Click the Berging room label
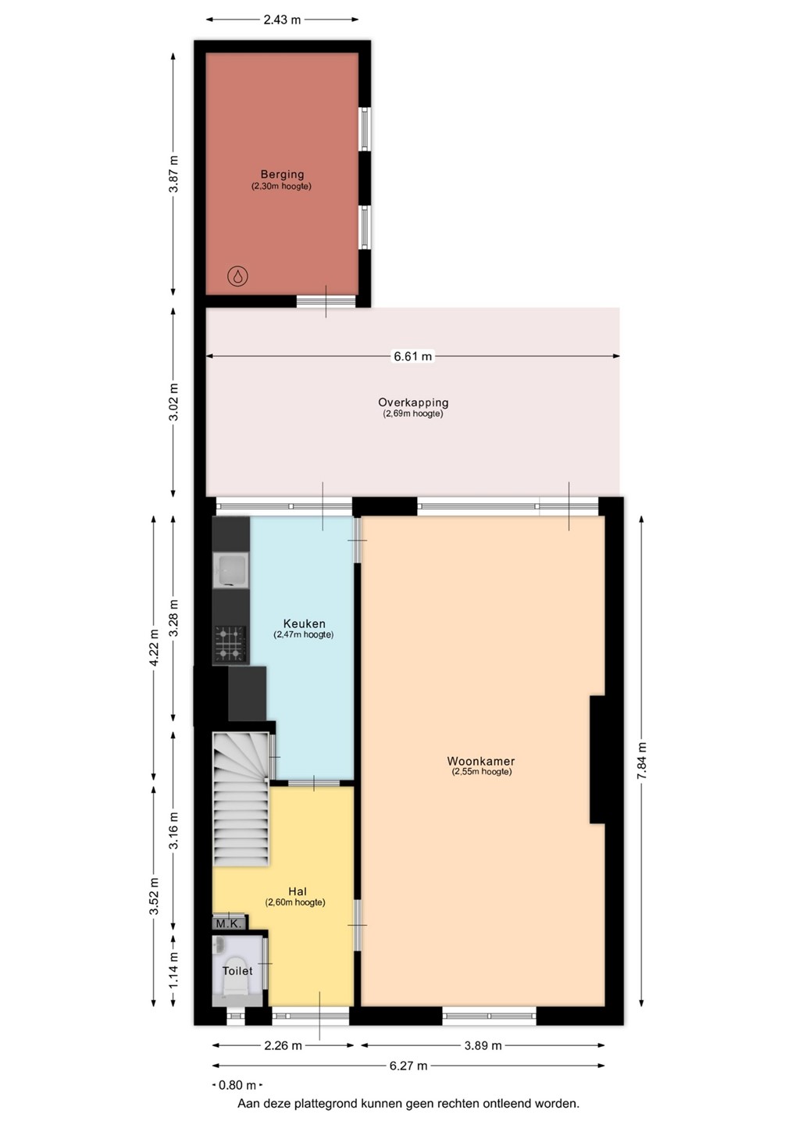(x=282, y=174)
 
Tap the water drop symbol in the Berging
(x=238, y=277)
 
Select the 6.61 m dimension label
(x=412, y=356)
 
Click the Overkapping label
(x=413, y=402)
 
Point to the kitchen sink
(x=231, y=570)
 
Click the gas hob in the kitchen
(x=231, y=644)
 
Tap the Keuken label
(x=304, y=623)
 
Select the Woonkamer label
(x=481, y=761)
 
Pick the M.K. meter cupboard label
(x=229, y=923)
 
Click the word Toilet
(x=237, y=971)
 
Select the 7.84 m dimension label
(x=641, y=760)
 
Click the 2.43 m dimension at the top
(x=282, y=20)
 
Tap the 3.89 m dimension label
(x=483, y=1045)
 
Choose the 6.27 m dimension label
(x=408, y=1066)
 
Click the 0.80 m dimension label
(x=237, y=1085)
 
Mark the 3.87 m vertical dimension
(x=173, y=173)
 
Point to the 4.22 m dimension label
(x=154, y=648)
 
